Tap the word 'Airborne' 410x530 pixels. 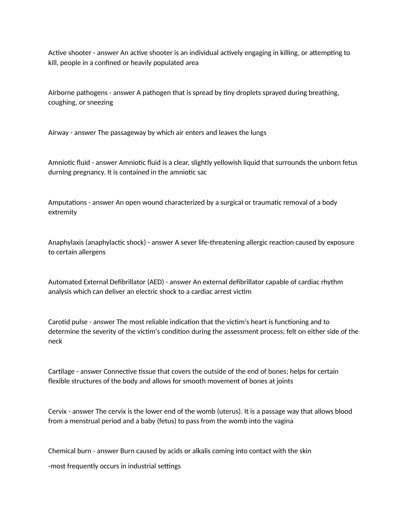tap(61, 93)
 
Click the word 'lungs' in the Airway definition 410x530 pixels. tap(258, 133)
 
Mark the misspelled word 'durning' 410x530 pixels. tap(60, 172)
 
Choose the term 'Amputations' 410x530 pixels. tap(68, 202)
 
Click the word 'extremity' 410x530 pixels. tap(62, 212)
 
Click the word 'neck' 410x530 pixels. tap(55, 341)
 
